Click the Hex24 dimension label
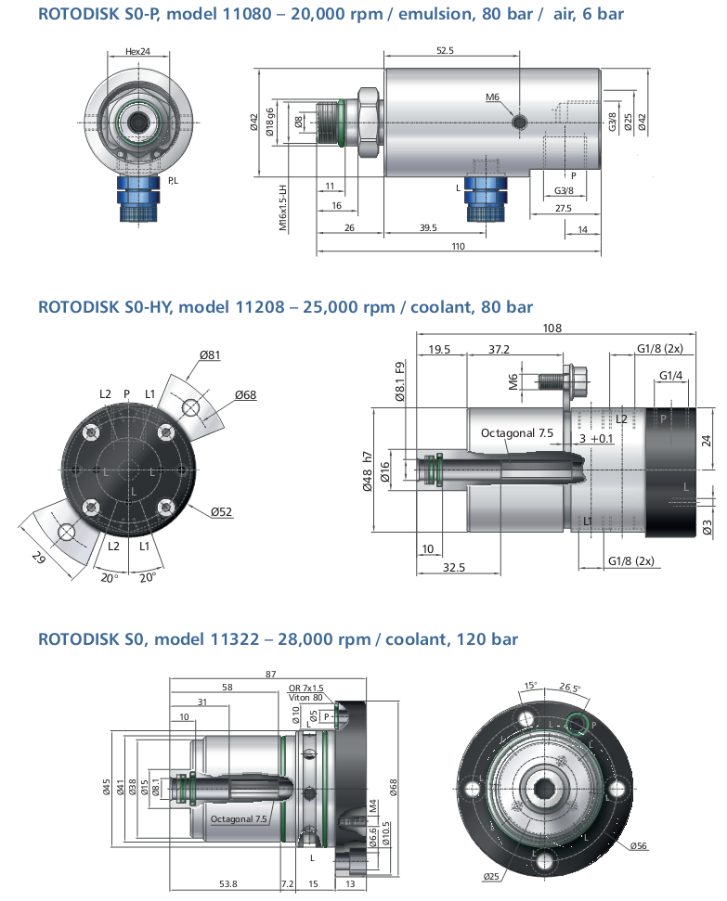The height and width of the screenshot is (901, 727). (137, 51)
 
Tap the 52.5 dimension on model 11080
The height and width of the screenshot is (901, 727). (445, 50)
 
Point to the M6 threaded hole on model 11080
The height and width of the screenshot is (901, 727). (520, 122)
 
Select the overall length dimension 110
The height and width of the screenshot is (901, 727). (458, 246)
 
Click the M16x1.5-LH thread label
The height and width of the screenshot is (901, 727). (282, 208)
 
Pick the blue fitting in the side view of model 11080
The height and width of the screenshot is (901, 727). (486, 198)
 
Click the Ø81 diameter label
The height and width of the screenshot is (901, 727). (210, 355)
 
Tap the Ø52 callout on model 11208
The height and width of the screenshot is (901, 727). (221, 511)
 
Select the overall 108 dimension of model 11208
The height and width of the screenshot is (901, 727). (552, 328)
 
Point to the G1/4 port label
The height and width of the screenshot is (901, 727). (670, 375)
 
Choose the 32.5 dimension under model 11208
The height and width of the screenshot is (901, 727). (454, 567)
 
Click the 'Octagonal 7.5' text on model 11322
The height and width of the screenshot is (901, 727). (239, 818)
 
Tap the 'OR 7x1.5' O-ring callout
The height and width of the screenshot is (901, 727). (306, 688)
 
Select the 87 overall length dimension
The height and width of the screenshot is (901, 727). (271, 674)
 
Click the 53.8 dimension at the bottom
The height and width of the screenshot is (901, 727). (228, 883)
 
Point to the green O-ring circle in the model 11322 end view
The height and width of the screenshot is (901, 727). (577, 724)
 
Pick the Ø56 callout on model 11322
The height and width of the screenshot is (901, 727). (639, 845)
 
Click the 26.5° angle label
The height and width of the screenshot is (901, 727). (570, 687)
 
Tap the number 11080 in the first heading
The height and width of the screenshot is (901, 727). (247, 14)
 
